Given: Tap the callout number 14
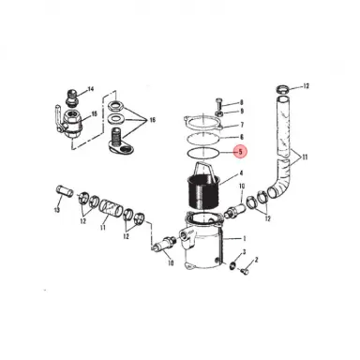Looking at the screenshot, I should [92, 90].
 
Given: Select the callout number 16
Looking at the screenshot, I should [155, 121].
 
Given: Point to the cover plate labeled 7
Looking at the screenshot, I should [206, 123].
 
